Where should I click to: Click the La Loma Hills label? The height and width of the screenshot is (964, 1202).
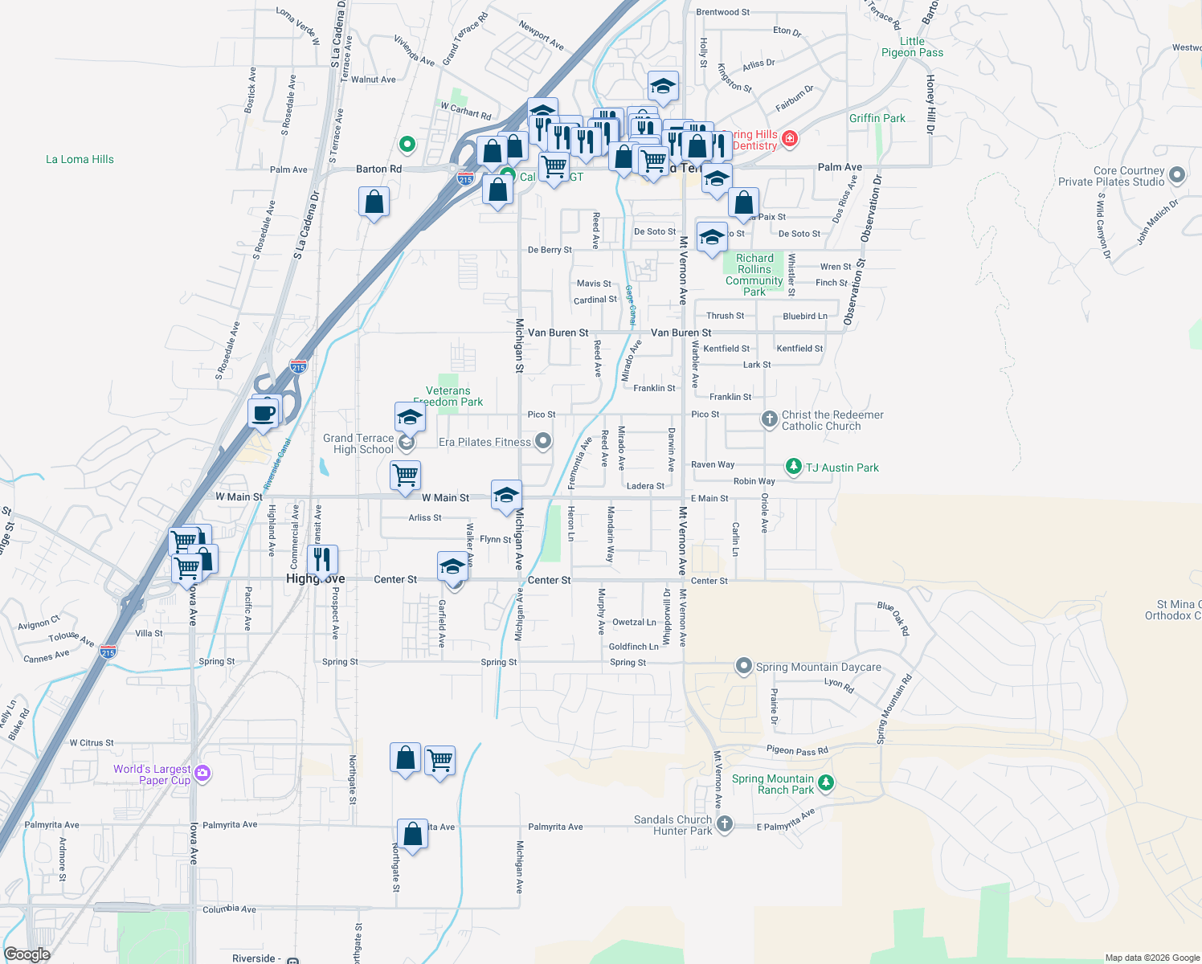(x=80, y=159)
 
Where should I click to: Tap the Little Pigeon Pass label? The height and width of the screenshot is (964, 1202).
(x=912, y=47)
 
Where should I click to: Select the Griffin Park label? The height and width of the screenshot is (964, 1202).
(x=877, y=118)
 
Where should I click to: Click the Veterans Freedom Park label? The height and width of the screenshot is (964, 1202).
(x=448, y=396)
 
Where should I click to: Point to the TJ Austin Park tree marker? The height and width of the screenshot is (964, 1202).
(x=793, y=467)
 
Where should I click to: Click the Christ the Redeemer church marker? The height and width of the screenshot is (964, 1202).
(x=769, y=419)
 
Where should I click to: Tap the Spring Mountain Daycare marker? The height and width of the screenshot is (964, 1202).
(x=744, y=667)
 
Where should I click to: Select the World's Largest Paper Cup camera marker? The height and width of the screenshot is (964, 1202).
(x=202, y=774)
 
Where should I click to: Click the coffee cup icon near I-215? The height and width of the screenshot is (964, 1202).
(x=264, y=414)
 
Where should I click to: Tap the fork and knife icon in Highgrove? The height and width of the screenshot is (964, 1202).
(x=322, y=558)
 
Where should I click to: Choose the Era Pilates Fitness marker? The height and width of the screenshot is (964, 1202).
(x=543, y=440)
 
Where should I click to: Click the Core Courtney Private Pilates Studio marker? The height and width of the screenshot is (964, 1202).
(x=1177, y=175)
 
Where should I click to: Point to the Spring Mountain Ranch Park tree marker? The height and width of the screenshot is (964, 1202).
(x=825, y=782)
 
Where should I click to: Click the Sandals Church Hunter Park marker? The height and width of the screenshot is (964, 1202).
(x=724, y=823)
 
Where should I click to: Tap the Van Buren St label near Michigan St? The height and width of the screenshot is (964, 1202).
(x=558, y=333)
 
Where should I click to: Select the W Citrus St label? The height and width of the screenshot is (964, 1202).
(x=92, y=743)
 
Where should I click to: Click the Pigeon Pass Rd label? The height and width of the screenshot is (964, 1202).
(x=797, y=751)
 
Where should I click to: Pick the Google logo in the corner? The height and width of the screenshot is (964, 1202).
(x=27, y=954)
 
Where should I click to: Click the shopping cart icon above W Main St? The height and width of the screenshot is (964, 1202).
(x=406, y=474)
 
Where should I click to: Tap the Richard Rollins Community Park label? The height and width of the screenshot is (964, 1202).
(x=754, y=275)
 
